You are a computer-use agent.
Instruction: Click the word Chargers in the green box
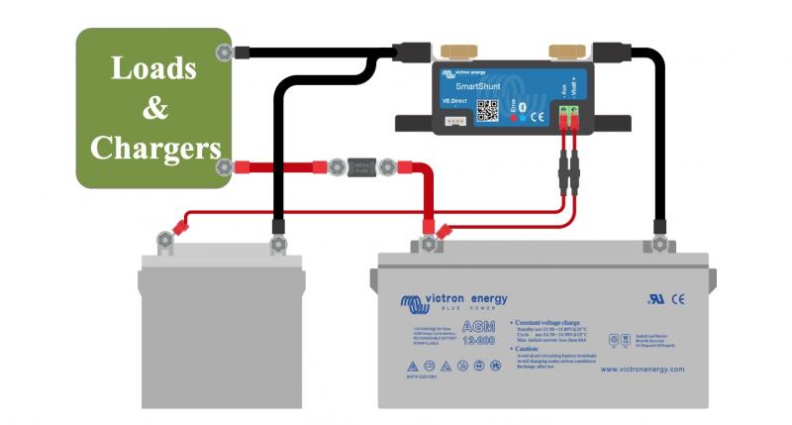(x=154, y=148)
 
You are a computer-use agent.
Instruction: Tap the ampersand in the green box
(x=154, y=108)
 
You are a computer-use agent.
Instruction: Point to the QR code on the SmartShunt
(x=486, y=110)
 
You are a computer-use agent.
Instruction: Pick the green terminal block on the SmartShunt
(x=567, y=119)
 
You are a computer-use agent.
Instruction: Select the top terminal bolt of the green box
(x=224, y=52)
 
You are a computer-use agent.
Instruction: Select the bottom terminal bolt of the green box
(x=225, y=167)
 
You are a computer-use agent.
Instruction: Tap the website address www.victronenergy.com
(x=641, y=370)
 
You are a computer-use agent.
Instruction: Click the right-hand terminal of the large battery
(x=657, y=243)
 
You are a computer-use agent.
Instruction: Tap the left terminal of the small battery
(x=162, y=240)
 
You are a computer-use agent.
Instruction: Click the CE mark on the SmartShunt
(x=538, y=117)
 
